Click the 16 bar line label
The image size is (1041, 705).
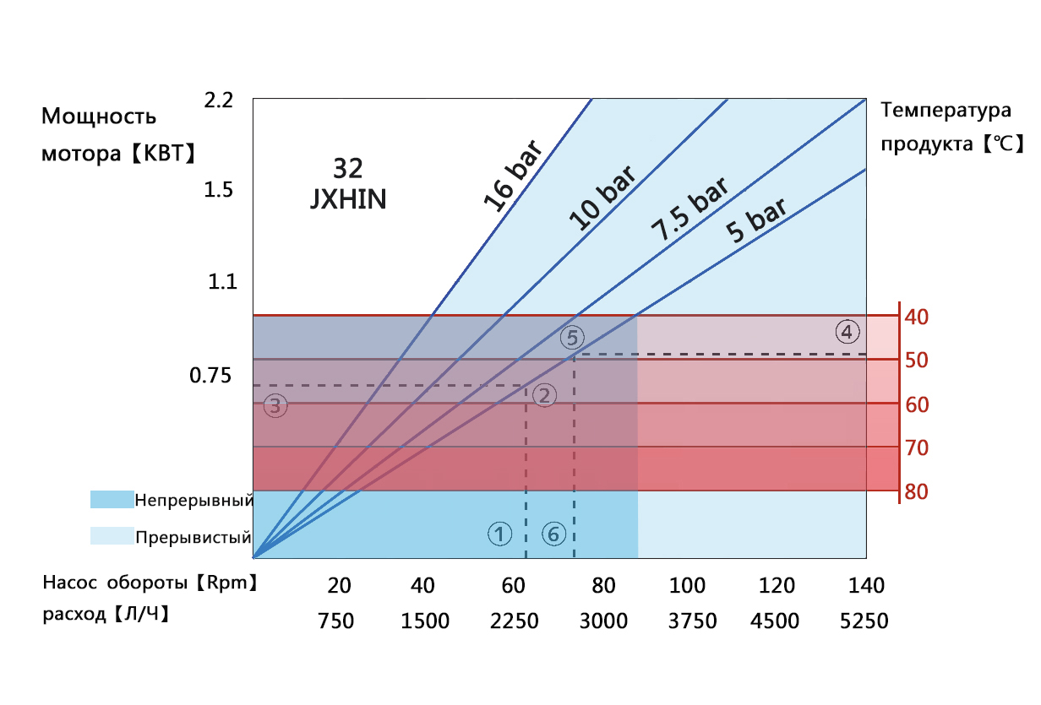pos(514,175)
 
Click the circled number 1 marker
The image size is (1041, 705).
pos(499,534)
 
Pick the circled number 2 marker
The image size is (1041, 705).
pos(545,395)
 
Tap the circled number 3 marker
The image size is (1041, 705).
pos(275,406)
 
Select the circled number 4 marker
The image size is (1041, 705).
pos(848,331)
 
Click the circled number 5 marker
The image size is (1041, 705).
pos(572,338)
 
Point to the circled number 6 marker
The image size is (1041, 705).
pos(553,534)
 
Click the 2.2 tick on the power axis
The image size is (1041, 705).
pos(218,100)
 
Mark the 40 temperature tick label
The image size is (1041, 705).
pos(917,317)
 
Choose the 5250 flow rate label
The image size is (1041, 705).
pos(864,621)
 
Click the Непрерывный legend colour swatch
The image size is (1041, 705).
pos(112,500)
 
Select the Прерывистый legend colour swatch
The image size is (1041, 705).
pos(112,536)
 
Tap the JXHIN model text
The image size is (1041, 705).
pos(347,200)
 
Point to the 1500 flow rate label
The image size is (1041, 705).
pos(424,621)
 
